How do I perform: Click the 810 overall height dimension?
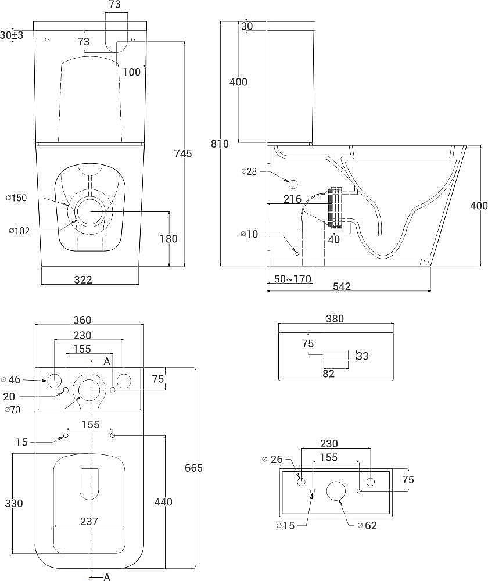pos(220,144)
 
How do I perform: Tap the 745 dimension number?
pos(183,153)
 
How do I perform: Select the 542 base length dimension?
pos(342,286)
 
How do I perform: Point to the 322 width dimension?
pos(83,279)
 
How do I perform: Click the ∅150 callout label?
pos(17,198)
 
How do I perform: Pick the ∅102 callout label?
pos(19,231)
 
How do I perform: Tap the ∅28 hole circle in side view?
pos(293,184)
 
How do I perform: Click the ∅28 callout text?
pos(249,171)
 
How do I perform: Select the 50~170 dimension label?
pos(292,279)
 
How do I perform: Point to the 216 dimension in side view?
pos(292,199)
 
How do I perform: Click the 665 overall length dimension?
pos(194,468)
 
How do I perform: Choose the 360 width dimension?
pos(82,320)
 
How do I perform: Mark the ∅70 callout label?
pos(12,410)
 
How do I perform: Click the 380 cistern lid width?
pos(335,318)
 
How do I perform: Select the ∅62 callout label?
pos(367,525)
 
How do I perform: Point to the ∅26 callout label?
pos(272,460)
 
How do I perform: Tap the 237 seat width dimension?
pos(89,521)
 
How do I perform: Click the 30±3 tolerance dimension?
pos(12,35)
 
